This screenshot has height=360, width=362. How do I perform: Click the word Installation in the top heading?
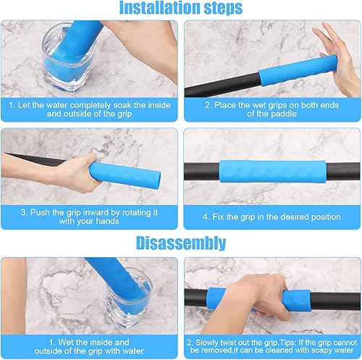160,7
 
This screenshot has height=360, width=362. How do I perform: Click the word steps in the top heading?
223,8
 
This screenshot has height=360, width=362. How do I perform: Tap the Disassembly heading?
181,243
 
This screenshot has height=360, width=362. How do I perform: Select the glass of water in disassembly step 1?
129,297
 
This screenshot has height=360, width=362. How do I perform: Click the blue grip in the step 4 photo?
273,171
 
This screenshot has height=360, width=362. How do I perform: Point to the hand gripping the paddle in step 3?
77,172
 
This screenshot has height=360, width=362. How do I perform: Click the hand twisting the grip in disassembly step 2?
258,298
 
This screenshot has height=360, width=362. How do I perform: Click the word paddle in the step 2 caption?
284,114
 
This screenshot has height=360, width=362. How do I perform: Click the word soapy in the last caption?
316,351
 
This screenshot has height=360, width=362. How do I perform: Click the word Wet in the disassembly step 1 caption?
66,342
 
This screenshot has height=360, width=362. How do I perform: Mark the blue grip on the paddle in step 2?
298,70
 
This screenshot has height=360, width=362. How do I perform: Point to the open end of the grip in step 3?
157,180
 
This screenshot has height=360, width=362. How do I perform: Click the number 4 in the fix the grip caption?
206,217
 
